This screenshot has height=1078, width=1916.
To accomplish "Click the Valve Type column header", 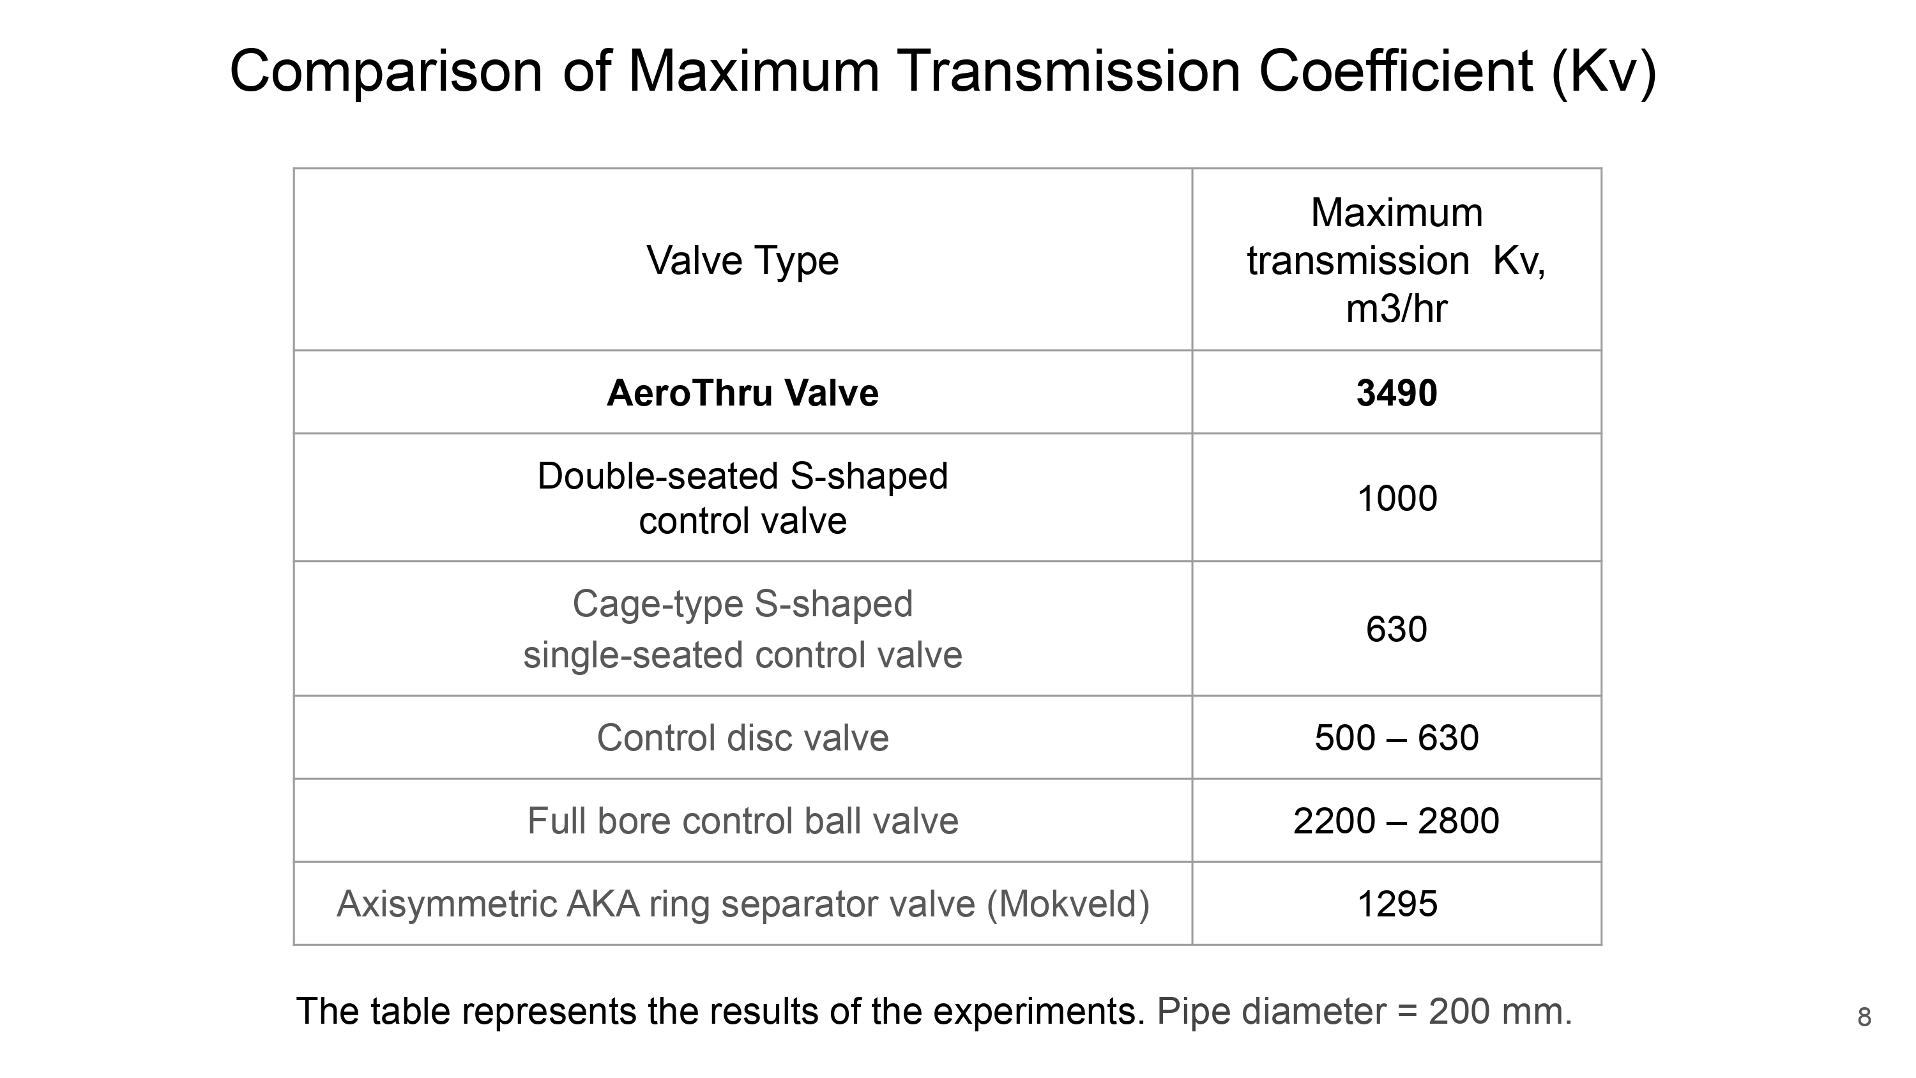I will [742, 261].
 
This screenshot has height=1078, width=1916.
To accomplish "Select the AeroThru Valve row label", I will [742, 393].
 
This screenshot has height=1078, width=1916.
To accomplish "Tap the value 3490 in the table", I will [1396, 393].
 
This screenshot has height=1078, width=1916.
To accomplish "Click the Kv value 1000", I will [1396, 497].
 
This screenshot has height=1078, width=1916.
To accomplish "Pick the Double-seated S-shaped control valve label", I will [742, 497].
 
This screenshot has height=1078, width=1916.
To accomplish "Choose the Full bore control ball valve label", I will [742, 821].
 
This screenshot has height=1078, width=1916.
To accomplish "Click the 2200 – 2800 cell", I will [1396, 821].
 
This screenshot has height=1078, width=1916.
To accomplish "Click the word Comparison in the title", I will [386, 72].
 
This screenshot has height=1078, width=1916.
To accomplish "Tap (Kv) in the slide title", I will [1604, 72].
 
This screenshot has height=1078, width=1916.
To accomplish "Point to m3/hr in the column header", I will [1396, 308].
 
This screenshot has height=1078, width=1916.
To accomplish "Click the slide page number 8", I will [1864, 1017].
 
